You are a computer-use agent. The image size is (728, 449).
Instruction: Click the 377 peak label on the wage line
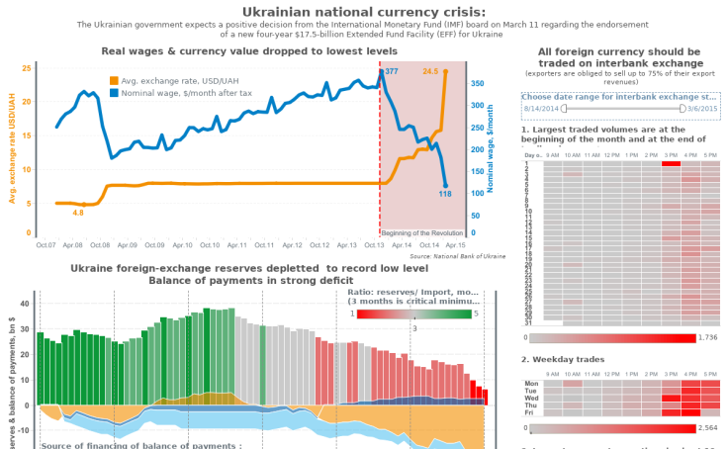pos(392,72)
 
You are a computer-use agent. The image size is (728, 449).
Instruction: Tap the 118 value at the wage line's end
pos(445,194)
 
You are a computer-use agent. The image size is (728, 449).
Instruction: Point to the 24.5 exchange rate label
pos(430,71)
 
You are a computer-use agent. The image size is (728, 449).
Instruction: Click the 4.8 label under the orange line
pos(78,213)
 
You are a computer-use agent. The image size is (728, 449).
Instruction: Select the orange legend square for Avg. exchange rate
pos(114,80)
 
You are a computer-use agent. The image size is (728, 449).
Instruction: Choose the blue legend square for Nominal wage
pos(114,92)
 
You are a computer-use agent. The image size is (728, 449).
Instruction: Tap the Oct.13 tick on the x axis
pos(374,244)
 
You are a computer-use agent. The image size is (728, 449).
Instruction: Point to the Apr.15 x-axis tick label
pos(456,244)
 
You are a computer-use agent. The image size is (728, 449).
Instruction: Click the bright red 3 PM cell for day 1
pos(671,163)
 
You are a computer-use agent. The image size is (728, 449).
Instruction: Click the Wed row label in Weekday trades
pos(532,398)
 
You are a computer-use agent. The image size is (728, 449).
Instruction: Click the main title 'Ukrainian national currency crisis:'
pos(364,10)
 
